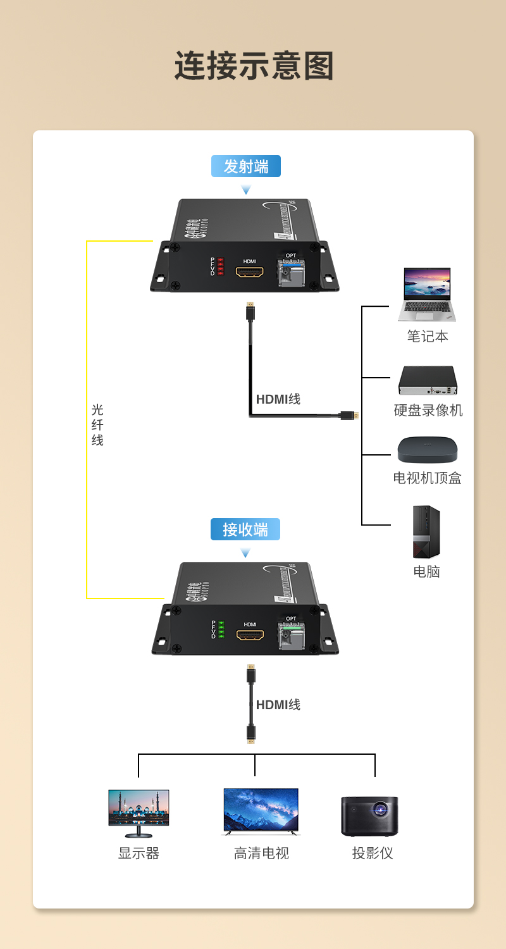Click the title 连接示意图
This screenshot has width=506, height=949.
click(254, 66)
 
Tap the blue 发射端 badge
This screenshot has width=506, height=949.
click(246, 166)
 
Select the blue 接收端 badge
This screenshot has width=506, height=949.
click(245, 530)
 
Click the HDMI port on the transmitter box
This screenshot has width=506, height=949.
click(250, 273)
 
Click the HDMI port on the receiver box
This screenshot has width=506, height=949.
click(250, 635)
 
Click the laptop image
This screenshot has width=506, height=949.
click(427, 294)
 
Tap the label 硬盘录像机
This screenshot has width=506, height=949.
click(428, 410)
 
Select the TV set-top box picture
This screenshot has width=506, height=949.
click(428, 450)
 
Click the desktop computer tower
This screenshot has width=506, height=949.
click(426, 531)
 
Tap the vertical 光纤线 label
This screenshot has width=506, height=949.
click(97, 425)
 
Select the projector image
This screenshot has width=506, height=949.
click(370, 816)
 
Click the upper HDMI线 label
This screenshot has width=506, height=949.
click(278, 399)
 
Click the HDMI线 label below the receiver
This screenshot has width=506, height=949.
click(278, 705)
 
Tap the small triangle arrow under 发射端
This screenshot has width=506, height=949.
click(246, 190)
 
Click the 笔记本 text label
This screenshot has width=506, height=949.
click(428, 336)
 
